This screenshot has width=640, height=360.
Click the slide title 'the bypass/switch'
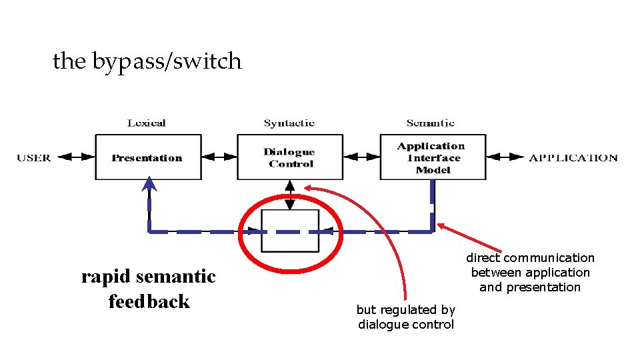point(147,61)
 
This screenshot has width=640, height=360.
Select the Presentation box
point(148,157)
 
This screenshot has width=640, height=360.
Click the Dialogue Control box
point(290,157)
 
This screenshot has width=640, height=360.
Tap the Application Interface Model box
point(433,157)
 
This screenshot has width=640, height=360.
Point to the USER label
point(34,158)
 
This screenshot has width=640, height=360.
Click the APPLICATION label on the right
point(573,158)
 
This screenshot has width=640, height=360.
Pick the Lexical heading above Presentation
point(146,123)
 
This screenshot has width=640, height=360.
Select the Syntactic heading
point(289,123)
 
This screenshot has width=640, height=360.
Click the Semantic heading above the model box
point(431,123)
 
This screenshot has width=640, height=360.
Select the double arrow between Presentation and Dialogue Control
point(219,157)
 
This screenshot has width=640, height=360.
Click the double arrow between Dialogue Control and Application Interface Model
point(361,157)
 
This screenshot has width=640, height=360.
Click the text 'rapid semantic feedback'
point(149,289)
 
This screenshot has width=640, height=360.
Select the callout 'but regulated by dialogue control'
point(405,317)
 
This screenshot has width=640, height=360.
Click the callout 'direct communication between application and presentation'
point(530,272)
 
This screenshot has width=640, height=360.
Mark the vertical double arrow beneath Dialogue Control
point(290,195)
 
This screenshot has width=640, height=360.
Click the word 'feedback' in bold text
point(149,302)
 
